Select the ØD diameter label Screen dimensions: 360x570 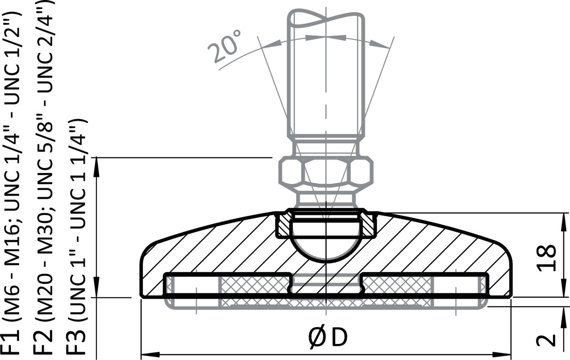(x=327, y=338)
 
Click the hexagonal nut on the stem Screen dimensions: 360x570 (x=325, y=172)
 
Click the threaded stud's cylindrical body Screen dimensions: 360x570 (x=325, y=82)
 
